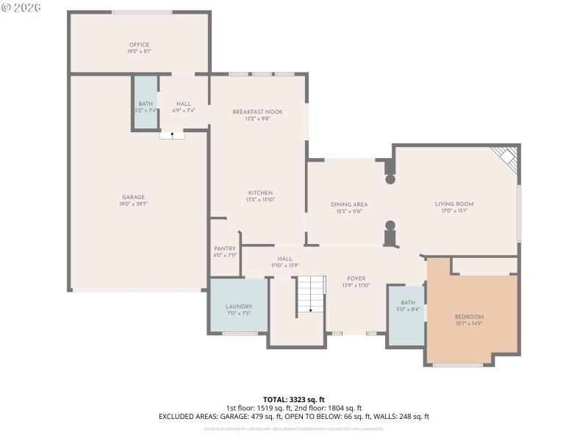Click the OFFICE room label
click(140, 45)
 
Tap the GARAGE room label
click(134, 196)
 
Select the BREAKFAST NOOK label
click(257, 112)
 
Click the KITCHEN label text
click(260, 193)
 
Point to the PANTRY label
click(224, 249)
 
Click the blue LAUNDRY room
click(239, 306)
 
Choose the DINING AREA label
click(349, 204)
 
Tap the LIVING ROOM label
click(454, 204)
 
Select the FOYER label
click(356, 279)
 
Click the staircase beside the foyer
click(310, 295)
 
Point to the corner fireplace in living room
click(507, 158)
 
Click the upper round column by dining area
click(390, 179)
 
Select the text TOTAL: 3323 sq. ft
click(293, 400)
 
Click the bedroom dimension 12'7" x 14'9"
click(469, 323)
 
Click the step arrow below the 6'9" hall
click(172, 135)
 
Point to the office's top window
click(152, 12)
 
